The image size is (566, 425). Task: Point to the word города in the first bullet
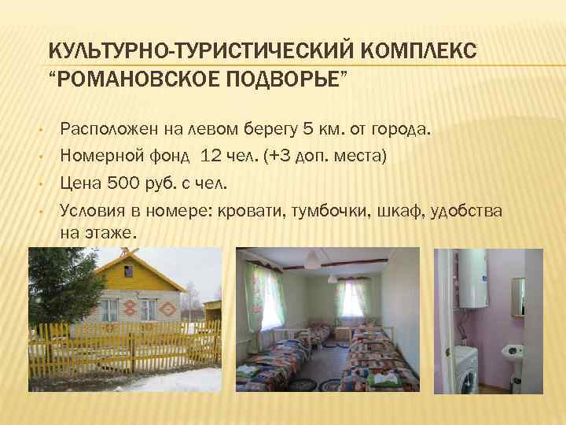[x=401, y=128]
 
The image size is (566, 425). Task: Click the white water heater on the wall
[x=473, y=279]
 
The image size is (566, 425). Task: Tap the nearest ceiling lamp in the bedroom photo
[x=313, y=259]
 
